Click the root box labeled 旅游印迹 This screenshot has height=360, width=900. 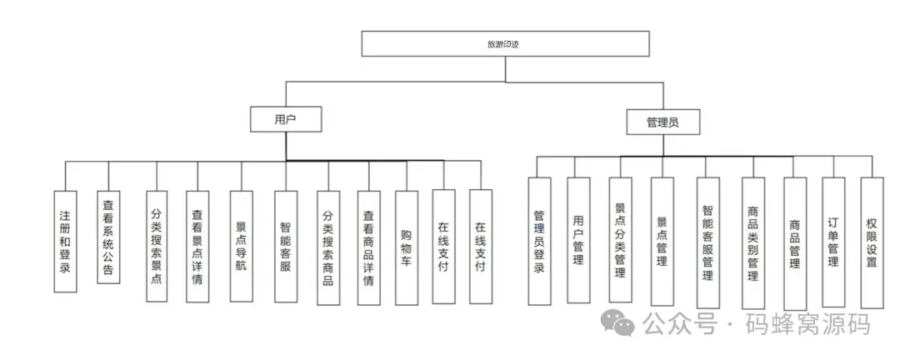506,43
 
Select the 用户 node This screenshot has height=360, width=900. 286,120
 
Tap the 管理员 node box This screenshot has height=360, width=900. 662,122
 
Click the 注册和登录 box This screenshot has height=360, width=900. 65,241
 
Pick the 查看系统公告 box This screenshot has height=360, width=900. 108,237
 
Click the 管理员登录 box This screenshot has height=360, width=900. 539,241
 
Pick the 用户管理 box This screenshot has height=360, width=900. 578,241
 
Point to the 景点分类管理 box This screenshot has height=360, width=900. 620,241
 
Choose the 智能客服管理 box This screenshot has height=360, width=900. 707,242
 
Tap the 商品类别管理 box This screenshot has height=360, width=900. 752,242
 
